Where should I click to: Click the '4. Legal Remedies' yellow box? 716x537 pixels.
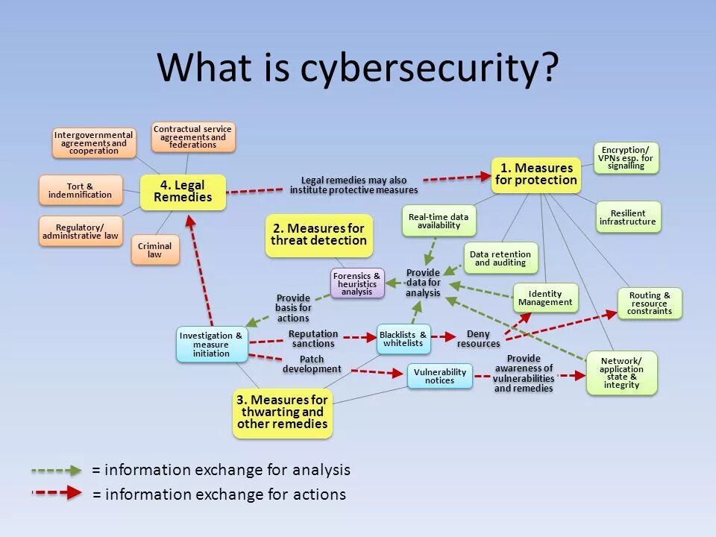point(183,192)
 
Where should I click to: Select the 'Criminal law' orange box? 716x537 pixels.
point(155,250)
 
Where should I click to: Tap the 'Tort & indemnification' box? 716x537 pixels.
point(80,190)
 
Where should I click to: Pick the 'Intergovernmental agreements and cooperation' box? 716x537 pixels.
point(93,142)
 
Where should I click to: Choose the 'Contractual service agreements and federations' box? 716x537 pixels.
point(192,137)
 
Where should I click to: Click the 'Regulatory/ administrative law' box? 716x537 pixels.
point(81,231)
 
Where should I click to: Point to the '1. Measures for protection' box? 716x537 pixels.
point(536,175)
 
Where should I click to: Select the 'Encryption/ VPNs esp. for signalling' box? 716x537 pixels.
point(626,158)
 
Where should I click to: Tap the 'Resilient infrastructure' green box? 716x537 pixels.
point(628,216)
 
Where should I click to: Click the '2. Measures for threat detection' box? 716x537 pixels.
point(318,235)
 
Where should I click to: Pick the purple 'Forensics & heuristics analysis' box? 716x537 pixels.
point(357,283)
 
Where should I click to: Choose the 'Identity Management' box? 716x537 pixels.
point(545,298)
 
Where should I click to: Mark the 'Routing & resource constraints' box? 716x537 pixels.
point(649,304)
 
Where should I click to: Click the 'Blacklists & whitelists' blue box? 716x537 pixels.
point(403,339)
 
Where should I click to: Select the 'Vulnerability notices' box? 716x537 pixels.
point(439,376)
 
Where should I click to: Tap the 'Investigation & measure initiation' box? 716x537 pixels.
point(211,344)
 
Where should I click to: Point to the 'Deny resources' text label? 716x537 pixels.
point(478,339)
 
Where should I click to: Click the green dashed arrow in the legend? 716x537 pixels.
point(57,471)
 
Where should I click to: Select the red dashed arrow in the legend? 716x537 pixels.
point(57,493)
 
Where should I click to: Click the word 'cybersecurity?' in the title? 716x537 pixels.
point(429,69)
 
